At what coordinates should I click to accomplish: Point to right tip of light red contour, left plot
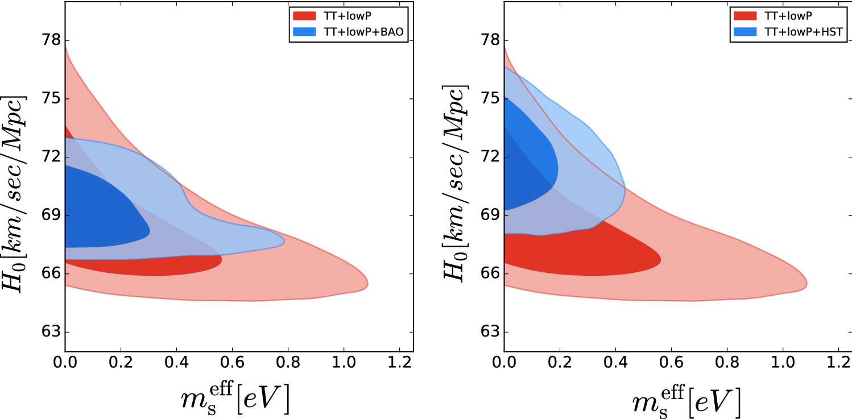[367, 284]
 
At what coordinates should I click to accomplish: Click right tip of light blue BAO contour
[284, 240]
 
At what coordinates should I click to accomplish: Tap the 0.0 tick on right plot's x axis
[504, 362]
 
